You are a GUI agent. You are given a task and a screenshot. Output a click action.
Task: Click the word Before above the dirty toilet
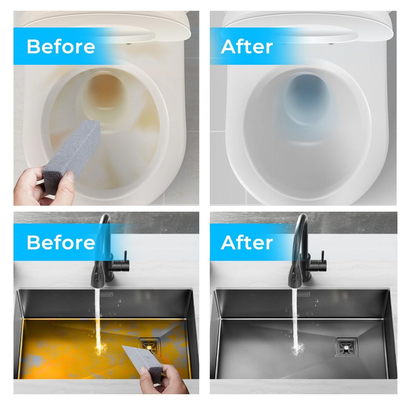coord(61,47)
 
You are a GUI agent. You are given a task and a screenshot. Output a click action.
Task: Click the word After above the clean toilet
coord(247,47)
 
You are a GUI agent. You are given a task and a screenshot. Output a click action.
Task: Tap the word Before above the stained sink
coord(61,242)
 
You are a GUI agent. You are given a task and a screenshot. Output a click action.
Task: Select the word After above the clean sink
coord(247,242)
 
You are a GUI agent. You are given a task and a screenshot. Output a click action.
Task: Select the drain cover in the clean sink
coord(346,347)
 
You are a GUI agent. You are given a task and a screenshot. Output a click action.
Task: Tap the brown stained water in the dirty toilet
coord(105,92)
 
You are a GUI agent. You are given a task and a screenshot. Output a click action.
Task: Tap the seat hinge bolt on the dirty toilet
coord(128,44)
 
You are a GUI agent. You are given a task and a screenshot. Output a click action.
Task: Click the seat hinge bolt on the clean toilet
coord(330,43)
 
